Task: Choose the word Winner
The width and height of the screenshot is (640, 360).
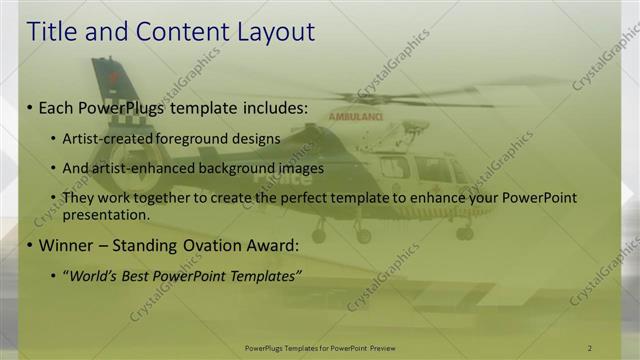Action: [x=66, y=244]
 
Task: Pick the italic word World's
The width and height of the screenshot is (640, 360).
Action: [x=91, y=275]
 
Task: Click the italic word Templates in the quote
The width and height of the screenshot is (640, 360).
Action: [x=263, y=275]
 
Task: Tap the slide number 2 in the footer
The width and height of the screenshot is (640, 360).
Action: [x=589, y=348]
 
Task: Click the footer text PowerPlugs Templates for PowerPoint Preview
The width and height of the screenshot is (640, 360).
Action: [x=319, y=348]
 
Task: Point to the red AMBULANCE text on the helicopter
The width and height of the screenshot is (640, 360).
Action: [x=357, y=116]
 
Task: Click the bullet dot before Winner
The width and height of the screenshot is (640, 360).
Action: [x=30, y=245]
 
